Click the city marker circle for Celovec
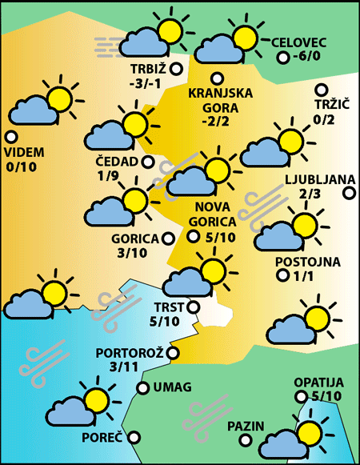pos(282,58)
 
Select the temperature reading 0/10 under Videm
pos(21,166)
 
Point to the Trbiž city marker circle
pos(176,70)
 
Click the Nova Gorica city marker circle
pos(193,235)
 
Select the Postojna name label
pos(308,262)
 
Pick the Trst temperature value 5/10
pos(166,322)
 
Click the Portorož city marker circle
pos(173,352)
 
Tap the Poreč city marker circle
pos(134,437)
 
